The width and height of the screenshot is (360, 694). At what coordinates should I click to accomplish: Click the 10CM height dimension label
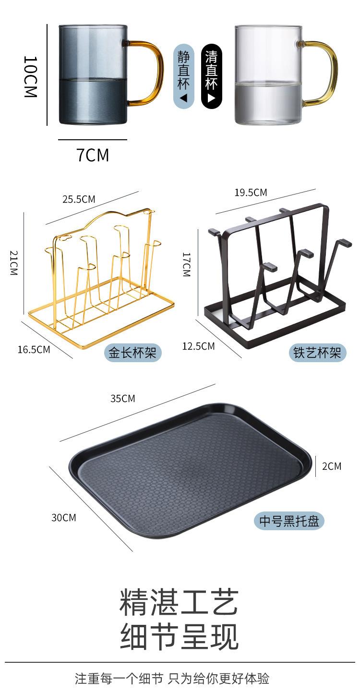coord(31,77)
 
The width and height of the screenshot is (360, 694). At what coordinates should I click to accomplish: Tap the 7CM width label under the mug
coord(93,155)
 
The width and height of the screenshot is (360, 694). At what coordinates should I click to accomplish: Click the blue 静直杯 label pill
coord(183,76)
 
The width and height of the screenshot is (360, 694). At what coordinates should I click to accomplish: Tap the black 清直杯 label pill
coord(211,76)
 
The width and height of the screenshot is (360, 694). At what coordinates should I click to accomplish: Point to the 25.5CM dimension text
coord(79,199)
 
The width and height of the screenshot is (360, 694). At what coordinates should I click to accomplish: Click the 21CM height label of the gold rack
coord(14,263)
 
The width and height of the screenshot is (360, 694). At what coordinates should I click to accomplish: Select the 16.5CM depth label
coord(34,350)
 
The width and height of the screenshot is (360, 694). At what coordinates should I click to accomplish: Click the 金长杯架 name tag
coord(132,353)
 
